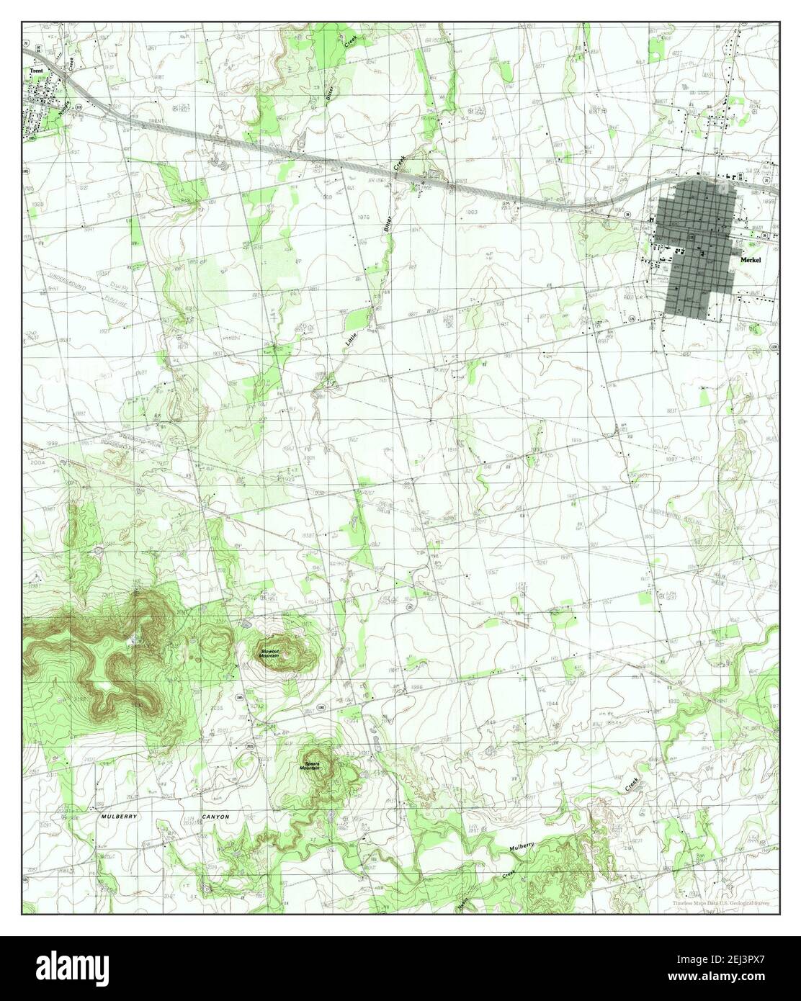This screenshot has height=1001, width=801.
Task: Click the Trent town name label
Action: point(36,71)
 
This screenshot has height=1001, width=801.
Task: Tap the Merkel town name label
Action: point(749,264)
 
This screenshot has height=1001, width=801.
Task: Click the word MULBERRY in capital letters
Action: point(119,817)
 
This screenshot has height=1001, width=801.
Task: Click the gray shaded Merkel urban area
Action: point(699,245)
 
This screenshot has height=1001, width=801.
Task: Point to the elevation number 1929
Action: point(38,205)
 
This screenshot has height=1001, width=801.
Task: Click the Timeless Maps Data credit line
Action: point(724,902)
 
